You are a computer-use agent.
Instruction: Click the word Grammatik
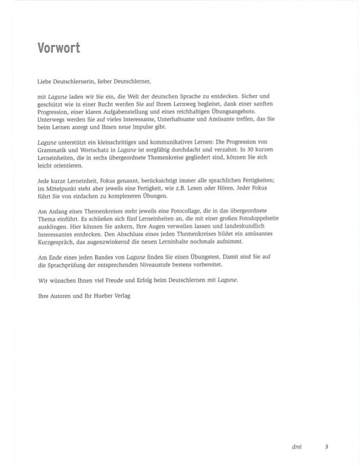click(x=58, y=152)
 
